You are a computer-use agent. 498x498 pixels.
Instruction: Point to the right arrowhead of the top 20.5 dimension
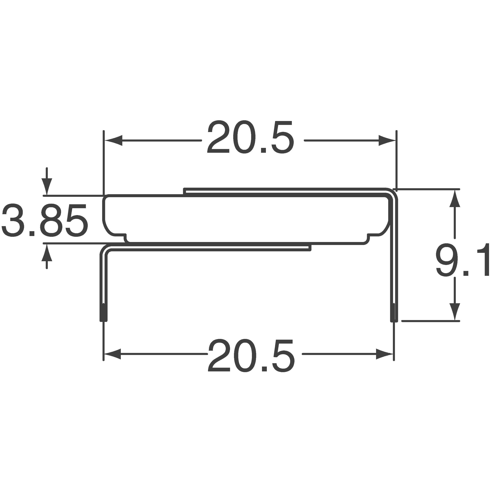[x=387, y=140]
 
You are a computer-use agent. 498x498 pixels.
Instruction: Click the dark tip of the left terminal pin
[x=104, y=312]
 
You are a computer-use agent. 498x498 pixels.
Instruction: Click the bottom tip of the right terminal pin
[x=394, y=313]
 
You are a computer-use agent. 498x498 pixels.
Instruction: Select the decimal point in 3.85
[x=32, y=233]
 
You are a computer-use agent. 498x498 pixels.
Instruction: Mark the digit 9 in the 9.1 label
[x=445, y=260]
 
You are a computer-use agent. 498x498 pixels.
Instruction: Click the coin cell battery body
[x=246, y=219]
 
